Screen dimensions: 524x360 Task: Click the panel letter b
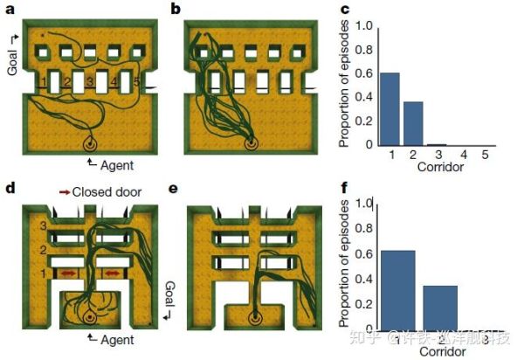click(176, 10)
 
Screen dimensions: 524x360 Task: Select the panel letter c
click(345, 10)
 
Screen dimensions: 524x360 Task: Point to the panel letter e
click(176, 187)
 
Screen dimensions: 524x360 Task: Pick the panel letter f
click(345, 187)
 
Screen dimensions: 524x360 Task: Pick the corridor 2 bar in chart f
click(441, 311)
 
